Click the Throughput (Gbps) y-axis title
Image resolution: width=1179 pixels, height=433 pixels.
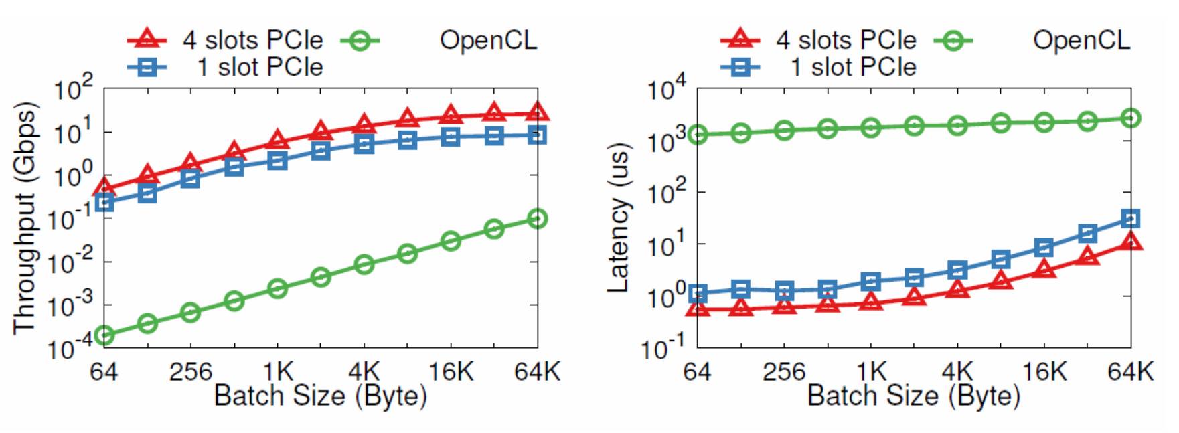click(x=24, y=218)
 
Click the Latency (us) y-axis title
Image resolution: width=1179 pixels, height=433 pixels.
click(x=618, y=218)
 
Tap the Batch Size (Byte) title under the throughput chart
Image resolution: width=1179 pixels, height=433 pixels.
click(x=320, y=396)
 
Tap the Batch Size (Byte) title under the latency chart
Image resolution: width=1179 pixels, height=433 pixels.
click(x=913, y=396)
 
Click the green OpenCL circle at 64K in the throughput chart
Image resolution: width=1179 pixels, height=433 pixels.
click(x=537, y=219)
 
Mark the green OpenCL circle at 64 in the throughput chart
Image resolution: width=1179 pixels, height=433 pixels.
click(x=104, y=335)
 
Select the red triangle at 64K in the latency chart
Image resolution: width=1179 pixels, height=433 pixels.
click(x=1131, y=241)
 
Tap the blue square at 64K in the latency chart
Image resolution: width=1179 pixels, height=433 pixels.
click(x=1131, y=218)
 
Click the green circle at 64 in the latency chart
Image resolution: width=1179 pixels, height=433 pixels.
click(x=698, y=135)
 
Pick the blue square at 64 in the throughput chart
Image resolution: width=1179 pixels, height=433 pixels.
click(x=104, y=202)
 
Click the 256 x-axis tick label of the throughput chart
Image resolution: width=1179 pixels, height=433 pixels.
click(x=190, y=371)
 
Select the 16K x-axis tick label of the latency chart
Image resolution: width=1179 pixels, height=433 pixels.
click(x=1044, y=371)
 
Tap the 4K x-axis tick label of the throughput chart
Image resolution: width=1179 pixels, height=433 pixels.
click(x=364, y=371)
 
